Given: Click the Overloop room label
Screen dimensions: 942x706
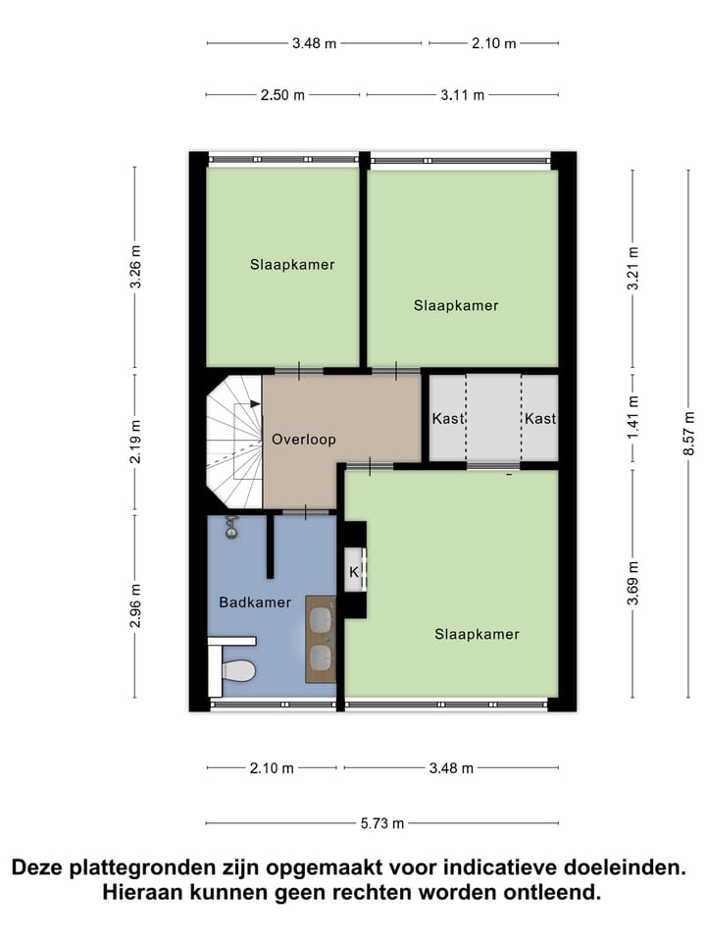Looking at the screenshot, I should coord(304,439).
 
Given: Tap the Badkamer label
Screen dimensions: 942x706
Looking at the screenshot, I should coord(255,602).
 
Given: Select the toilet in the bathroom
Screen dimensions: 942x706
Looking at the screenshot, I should coord(237,671).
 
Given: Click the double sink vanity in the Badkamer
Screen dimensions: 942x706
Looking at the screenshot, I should coord(321,638).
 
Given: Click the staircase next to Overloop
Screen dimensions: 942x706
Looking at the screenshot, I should coord(234,440).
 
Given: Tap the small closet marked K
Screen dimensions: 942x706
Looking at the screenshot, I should coord(354,571).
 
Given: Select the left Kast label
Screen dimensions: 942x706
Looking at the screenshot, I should coord(447,418).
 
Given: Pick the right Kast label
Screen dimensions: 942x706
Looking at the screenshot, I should coord(540,418).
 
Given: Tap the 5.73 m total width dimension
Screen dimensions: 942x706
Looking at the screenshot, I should coord(383,823).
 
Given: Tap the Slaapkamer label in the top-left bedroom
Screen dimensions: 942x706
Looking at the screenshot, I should coord(292,264).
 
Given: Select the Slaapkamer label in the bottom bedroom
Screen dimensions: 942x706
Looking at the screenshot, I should coord(477,634).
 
